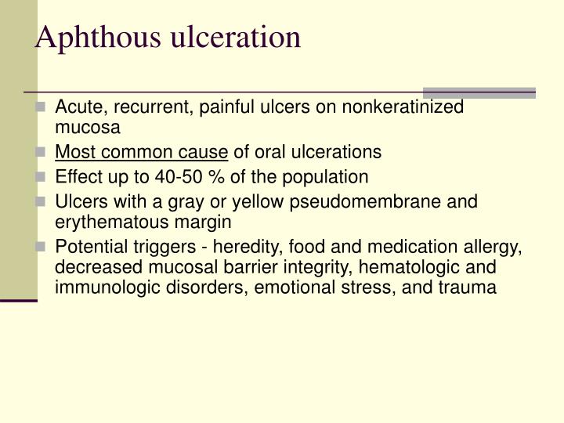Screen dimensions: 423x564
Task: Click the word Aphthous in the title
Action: [87, 37]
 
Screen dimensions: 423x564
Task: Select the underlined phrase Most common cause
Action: [142, 151]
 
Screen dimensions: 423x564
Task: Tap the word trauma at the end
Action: [468, 287]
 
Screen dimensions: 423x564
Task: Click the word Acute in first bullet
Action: [75, 107]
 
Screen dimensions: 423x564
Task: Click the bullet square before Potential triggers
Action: [42, 247]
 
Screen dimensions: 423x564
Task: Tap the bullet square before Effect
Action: [42, 176]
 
